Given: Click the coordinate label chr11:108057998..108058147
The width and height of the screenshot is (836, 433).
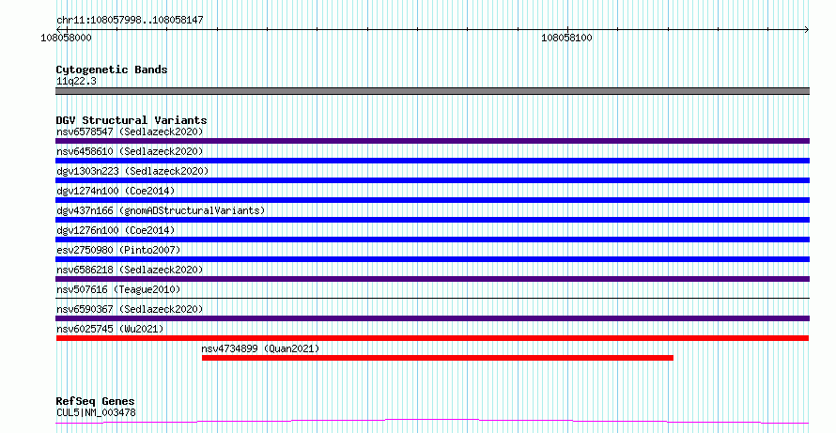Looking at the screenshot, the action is coord(130,21).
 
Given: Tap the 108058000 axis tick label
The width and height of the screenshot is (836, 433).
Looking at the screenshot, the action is coord(66,38).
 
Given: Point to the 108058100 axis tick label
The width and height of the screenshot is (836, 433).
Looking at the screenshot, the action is coord(566,38).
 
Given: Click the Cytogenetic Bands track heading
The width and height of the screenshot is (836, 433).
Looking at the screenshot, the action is coord(112,70).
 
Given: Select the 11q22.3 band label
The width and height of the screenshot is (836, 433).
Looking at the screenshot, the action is coord(76,82).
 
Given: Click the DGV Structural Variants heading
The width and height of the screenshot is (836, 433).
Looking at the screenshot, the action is coord(132,120).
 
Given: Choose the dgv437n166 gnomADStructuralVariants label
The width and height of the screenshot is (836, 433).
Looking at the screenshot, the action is coord(161,210).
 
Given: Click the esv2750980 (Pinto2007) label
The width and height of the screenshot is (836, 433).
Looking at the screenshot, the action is coord(118,250).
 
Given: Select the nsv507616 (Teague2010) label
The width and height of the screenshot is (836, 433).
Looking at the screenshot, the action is coord(118,289).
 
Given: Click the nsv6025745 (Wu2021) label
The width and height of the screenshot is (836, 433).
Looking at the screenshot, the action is coord(110,329).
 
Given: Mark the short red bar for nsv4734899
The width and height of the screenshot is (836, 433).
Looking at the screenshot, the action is coord(438,358).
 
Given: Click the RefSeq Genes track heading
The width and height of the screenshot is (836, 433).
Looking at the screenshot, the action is coord(96,401).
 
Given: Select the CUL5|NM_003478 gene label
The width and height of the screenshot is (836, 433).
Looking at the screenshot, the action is coord(96,412).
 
